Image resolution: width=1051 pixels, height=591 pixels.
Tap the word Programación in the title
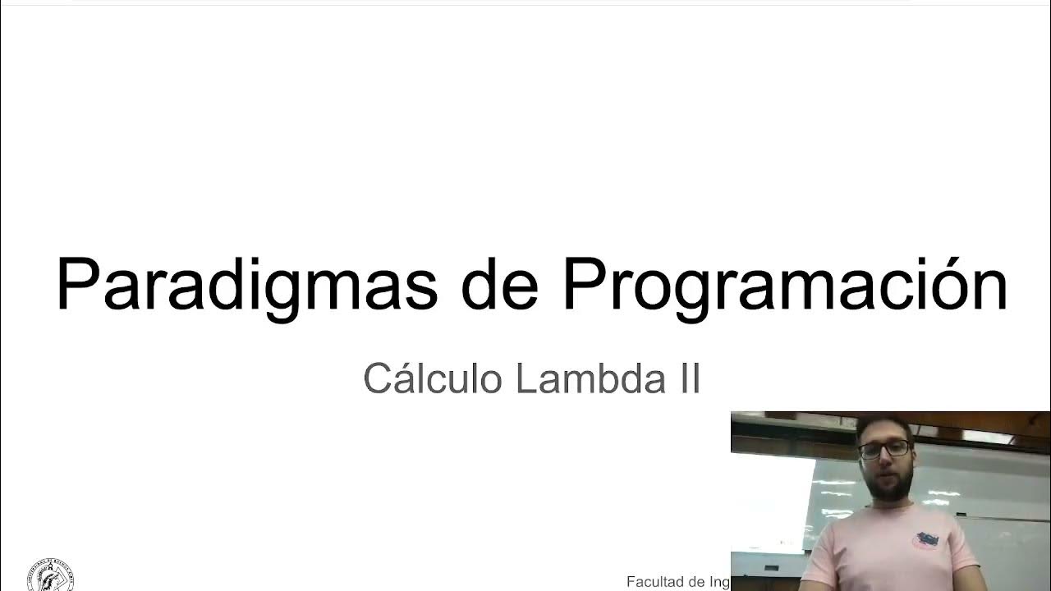coord(784,284)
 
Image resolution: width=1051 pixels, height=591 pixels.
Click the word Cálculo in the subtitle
coord(433,378)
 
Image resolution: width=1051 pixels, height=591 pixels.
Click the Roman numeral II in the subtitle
coord(687,378)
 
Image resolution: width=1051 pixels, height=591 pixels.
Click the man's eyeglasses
coord(884,449)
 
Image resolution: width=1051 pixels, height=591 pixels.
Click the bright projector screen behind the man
coord(768,501)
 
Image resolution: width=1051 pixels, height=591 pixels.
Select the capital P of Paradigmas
coord(79,284)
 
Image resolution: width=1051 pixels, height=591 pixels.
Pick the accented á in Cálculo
coord(401,378)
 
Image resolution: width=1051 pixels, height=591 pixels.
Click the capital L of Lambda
coord(526,378)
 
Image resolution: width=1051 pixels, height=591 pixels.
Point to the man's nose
coord(887,460)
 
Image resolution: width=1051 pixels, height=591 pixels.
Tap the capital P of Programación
coord(584,284)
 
